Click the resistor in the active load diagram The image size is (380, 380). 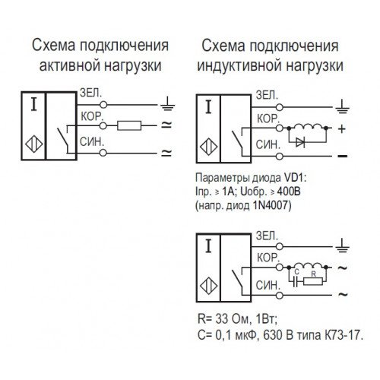pos(129,125)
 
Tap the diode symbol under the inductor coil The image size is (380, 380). pos(300,143)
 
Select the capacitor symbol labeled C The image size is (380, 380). pos(295,281)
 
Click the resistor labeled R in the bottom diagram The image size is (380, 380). pos(313,281)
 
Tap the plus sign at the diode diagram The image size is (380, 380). pos(342,129)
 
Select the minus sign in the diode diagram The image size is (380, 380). pos(343,156)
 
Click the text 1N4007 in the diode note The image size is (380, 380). pos(271,205)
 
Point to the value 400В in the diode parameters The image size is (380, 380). pos(289,192)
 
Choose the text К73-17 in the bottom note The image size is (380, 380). pos(342,335)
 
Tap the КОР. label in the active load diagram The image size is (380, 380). pos(92,116)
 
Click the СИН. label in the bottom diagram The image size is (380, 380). pos(268,286)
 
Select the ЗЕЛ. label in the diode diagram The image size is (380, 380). pos(267,95)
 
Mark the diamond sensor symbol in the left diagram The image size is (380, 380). pos(33,144)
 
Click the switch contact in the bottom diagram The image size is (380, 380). pos(237,277)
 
